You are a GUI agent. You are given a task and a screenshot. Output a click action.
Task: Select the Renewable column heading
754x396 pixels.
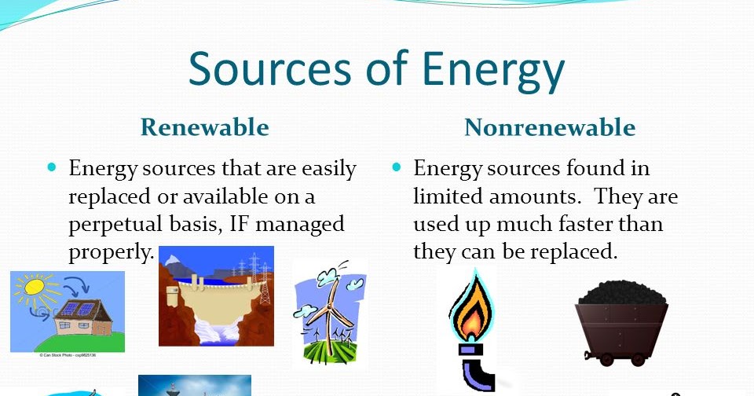click(204, 126)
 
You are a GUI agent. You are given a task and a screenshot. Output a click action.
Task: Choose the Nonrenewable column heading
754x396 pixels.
click(550, 127)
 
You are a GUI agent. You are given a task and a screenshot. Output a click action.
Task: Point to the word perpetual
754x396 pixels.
click(116, 224)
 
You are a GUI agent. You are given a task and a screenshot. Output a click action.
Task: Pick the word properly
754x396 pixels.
click(109, 251)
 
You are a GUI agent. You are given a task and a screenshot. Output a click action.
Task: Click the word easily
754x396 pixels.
click(323, 168)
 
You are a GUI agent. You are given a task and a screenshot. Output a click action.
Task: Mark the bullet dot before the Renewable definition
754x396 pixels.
click(53, 167)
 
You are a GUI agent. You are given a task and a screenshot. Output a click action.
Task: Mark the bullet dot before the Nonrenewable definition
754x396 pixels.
click(397, 167)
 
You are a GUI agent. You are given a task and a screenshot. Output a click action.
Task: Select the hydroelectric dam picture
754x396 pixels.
click(216, 296)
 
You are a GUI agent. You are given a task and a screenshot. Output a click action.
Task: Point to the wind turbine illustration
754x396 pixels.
click(329, 313)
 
